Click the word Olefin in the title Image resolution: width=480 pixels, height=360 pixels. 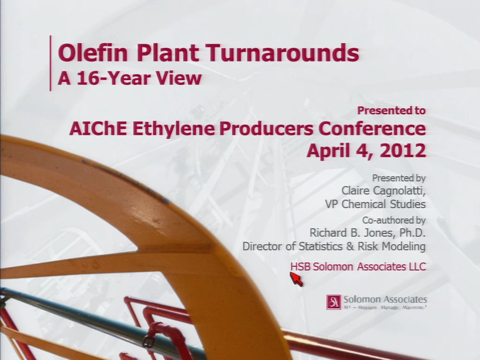[93, 52]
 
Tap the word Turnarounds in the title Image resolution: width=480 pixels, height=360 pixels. [282, 52]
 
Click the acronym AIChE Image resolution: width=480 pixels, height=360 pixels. [98, 128]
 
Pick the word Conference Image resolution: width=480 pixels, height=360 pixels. [372, 128]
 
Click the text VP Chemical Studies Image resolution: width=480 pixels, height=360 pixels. [375, 204]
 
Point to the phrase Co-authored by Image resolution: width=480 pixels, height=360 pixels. [394, 220]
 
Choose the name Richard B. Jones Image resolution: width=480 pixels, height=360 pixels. [352, 233]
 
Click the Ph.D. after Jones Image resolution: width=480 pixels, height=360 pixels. [412, 233]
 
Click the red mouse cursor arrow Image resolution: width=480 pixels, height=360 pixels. [296, 278]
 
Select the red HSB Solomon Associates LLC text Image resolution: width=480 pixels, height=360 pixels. [358, 267]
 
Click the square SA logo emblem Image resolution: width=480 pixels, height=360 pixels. [333, 302]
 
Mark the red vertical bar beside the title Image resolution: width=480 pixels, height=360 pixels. [51, 63]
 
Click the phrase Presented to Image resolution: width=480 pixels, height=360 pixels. [391, 111]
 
